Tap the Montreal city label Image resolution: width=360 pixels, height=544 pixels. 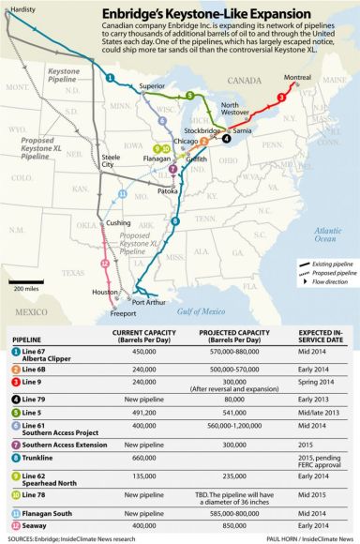coord(296,78)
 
